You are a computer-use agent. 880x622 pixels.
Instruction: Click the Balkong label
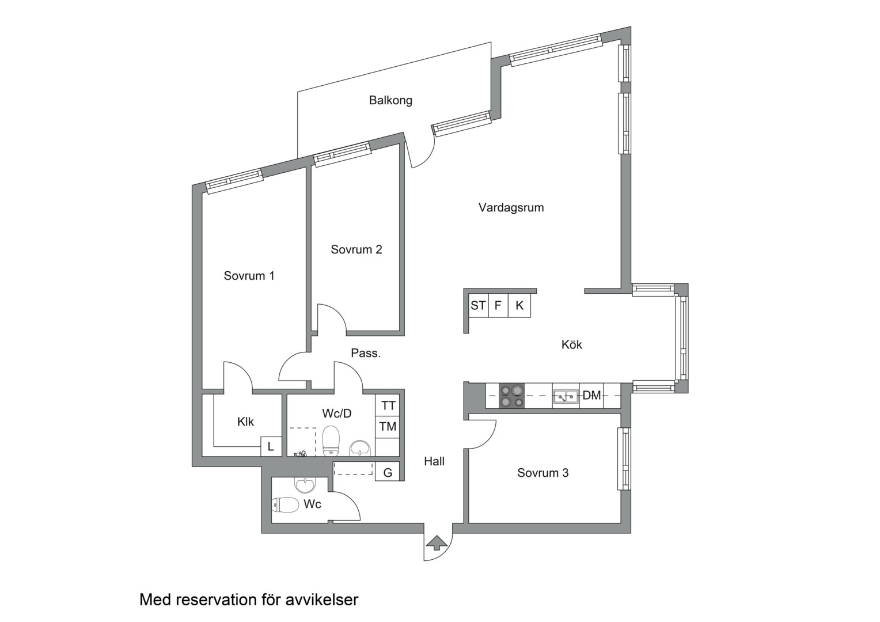point(390,101)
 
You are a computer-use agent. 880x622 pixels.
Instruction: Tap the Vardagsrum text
point(511,207)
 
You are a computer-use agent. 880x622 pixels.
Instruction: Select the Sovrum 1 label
point(249,276)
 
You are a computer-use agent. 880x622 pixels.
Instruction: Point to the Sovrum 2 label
point(356,249)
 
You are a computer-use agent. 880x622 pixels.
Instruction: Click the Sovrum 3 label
point(543,473)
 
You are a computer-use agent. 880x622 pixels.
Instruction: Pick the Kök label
point(572,344)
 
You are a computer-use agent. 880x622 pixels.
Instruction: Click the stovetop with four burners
point(512,396)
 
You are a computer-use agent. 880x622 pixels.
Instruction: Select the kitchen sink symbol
point(566,397)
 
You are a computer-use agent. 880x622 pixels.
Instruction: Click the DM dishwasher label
point(591,395)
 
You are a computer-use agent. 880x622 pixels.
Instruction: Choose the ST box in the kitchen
point(478,305)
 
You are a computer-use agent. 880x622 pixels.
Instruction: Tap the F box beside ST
point(498,305)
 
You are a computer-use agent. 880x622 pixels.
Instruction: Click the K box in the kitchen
point(519,305)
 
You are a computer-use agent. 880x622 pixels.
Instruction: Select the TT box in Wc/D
point(388,405)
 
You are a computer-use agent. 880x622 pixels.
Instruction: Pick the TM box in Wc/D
point(388,427)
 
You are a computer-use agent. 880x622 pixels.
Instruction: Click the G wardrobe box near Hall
point(388,472)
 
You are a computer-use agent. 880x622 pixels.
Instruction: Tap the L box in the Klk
point(271,447)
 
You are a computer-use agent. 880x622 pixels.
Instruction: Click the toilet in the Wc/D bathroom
point(331,441)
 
